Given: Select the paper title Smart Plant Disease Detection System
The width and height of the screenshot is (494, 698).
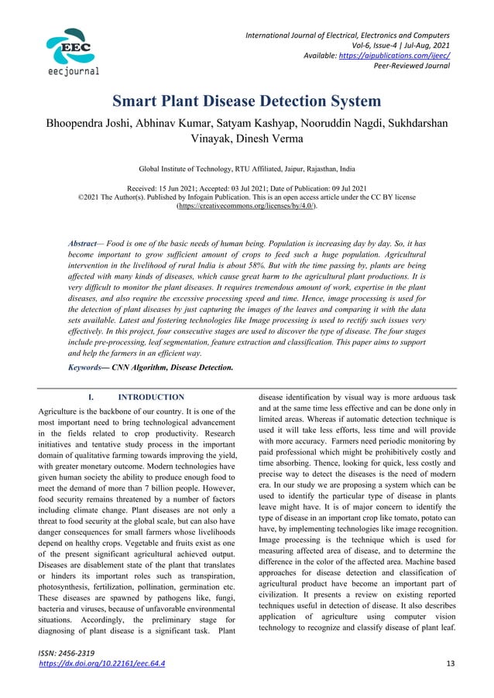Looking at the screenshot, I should (x=247, y=101).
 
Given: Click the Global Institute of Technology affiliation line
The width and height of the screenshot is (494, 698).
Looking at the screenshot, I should (x=246, y=168).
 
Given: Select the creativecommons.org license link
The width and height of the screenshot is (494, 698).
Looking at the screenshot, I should (x=247, y=207).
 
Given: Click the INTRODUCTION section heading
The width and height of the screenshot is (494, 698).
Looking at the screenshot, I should (x=151, y=397).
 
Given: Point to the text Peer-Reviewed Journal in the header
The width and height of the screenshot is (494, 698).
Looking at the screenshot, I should (x=413, y=66).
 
